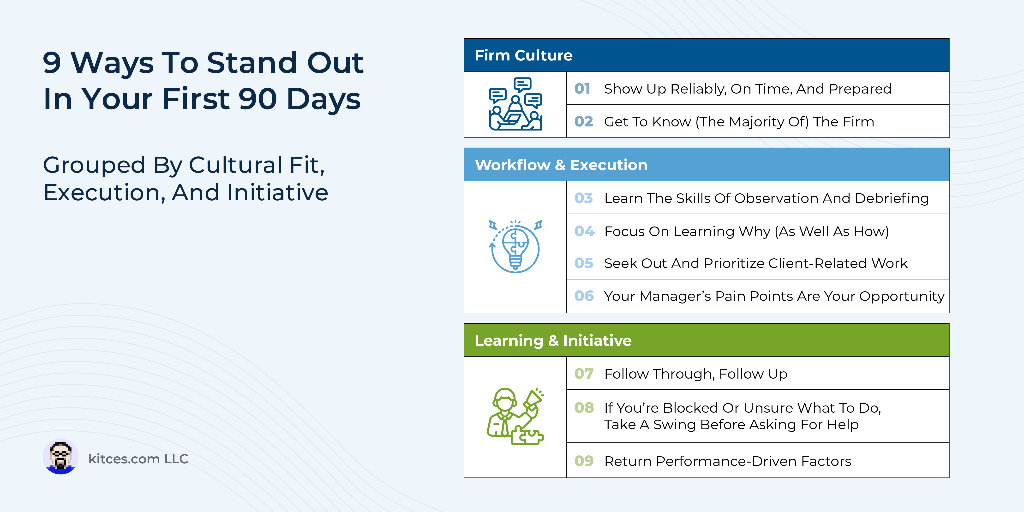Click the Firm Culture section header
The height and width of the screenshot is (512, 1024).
coord(524,55)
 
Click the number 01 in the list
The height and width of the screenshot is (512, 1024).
coord(582,89)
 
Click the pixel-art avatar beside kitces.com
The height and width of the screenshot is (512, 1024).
coord(60,456)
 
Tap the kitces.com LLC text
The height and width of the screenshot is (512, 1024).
coord(138,459)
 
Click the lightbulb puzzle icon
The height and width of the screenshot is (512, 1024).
coord(515,246)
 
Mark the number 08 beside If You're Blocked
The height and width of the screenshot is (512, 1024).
coord(584,408)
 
